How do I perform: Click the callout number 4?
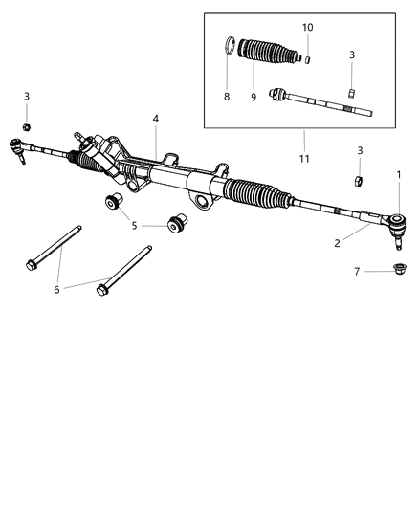point(155,119)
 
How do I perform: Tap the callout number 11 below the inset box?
point(305,159)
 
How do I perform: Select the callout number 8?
point(227,96)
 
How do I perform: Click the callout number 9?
point(254,96)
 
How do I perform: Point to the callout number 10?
point(308,28)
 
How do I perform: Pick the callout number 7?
point(356,272)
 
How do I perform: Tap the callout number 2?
point(337,244)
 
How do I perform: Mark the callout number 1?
point(399,173)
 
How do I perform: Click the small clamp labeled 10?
point(309,59)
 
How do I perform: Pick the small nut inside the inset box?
point(352,92)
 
